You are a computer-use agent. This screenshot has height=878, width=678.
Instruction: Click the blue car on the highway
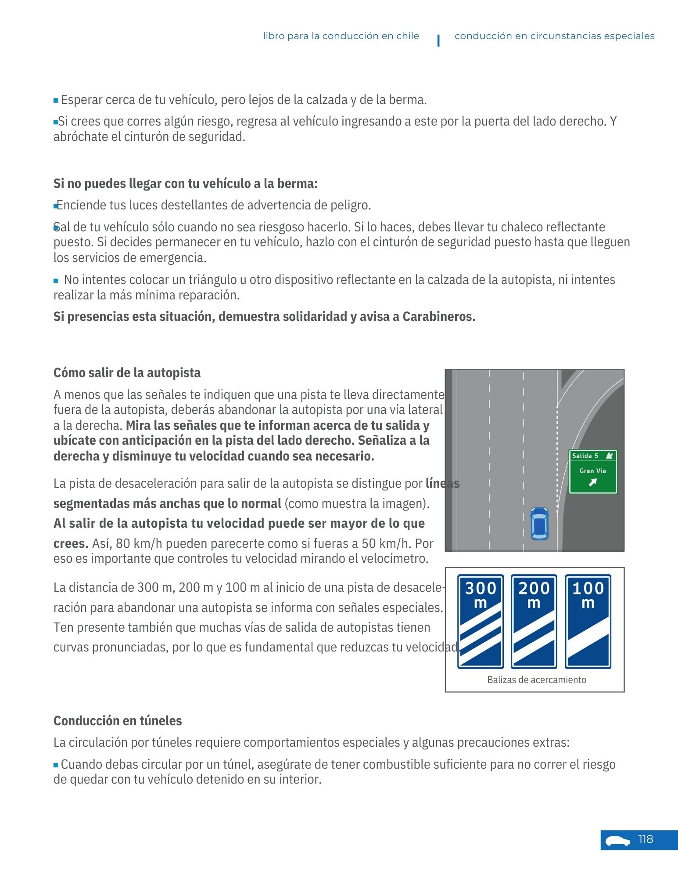[539, 523]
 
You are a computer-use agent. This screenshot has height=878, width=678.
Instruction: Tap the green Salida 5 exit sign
[592, 471]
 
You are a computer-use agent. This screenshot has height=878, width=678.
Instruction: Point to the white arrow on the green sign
[592, 482]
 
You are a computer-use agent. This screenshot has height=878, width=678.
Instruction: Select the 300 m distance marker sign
[480, 621]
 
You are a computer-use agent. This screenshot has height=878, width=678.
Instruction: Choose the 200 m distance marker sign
[534, 621]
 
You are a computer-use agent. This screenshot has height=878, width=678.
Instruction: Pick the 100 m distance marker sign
[588, 621]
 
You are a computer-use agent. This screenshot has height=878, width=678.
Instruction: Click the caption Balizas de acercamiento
[536, 680]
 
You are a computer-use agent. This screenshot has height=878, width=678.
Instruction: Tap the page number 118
[646, 839]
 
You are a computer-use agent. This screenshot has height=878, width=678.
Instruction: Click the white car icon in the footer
[617, 841]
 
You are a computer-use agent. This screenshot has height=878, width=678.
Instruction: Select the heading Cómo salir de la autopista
[127, 373]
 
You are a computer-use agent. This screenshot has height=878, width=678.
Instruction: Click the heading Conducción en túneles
[118, 720]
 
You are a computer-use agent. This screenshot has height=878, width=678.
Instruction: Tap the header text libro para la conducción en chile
[341, 36]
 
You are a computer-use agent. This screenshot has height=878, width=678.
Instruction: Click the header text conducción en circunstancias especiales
[554, 36]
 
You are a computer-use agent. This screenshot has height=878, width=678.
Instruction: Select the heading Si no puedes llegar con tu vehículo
[185, 184]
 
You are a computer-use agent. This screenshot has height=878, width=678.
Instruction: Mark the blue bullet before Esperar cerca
[56, 101]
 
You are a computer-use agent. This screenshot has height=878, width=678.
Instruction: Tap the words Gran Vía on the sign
[592, 471]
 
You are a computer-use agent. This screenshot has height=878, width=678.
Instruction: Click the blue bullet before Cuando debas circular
[56, 765]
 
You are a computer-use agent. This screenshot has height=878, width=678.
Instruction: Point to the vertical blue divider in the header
[438, 40]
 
